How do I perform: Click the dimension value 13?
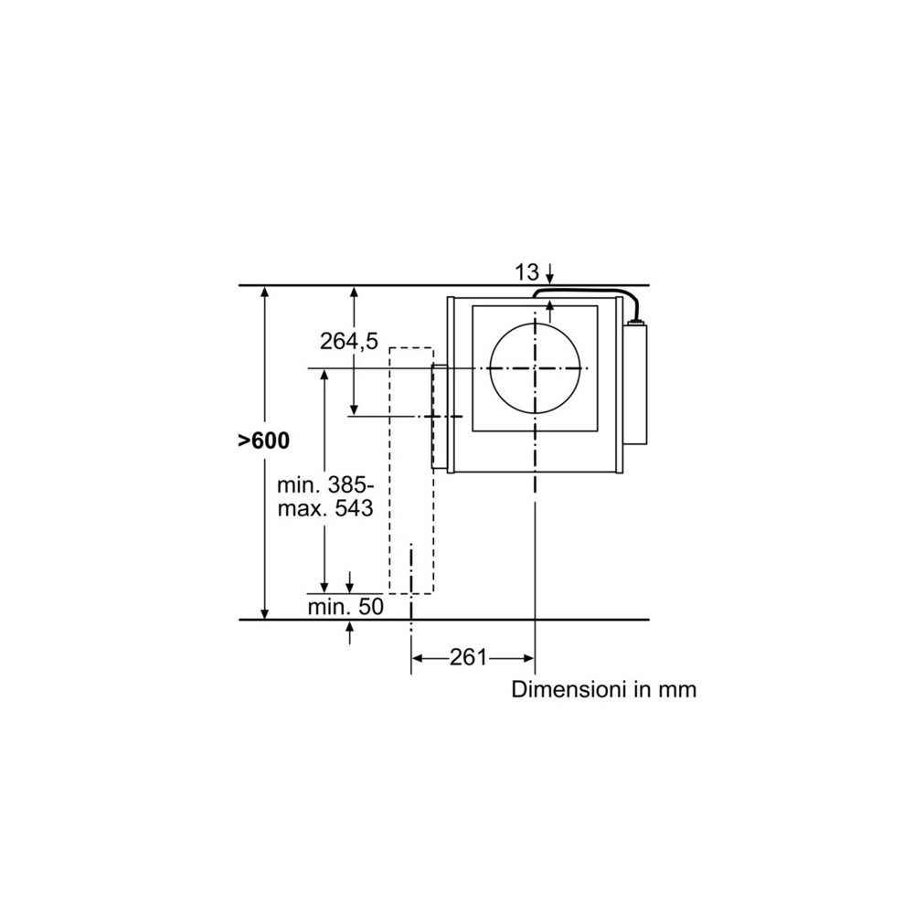526,271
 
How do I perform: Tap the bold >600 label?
263,441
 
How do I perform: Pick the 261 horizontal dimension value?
467,657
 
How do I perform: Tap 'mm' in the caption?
677,689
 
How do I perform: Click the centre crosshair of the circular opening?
534,368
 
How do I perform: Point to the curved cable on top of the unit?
585,292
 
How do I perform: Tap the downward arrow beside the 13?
550,274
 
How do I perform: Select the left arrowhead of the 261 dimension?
417,657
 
